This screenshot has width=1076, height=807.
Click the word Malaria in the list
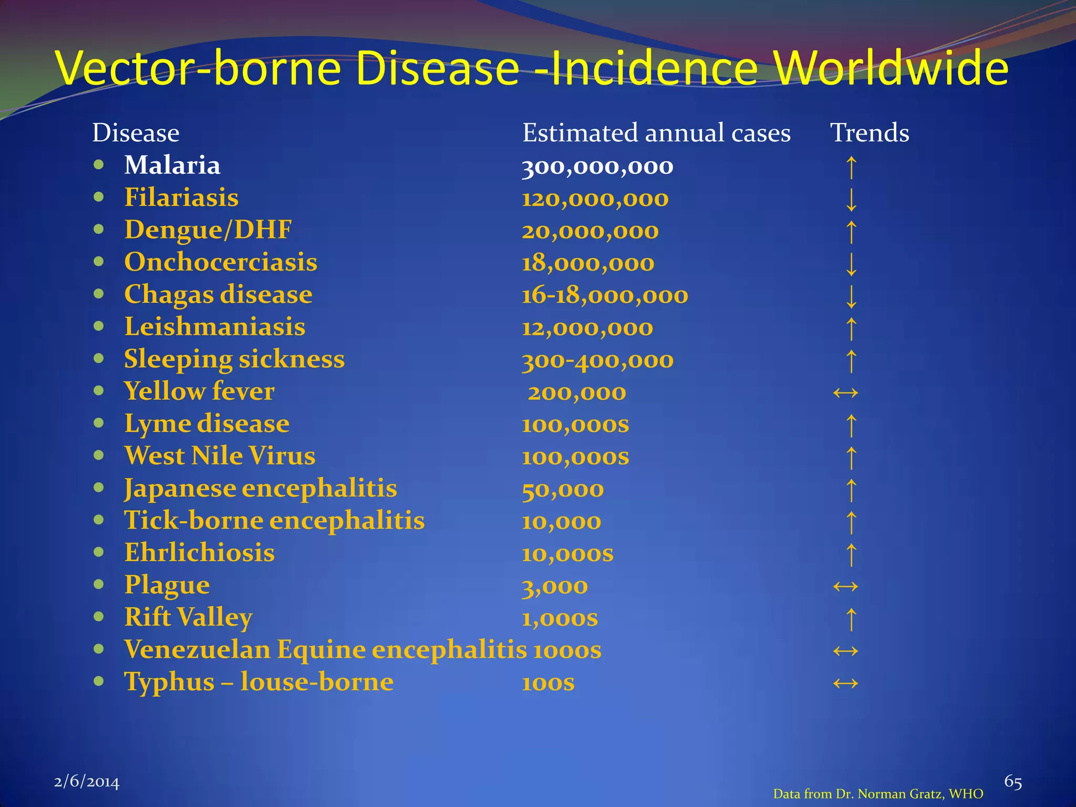172,165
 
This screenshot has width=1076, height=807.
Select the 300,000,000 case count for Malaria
597,167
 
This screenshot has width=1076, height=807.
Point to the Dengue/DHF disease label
208,230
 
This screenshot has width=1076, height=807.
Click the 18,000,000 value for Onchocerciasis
588,263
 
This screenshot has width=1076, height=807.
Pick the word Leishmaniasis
214,327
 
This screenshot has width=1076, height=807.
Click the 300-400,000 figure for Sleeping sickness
597,360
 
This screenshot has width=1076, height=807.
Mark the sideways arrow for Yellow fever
845,392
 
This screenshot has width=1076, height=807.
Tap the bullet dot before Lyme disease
99,423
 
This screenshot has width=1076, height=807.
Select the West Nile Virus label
220,456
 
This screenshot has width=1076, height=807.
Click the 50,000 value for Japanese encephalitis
563,489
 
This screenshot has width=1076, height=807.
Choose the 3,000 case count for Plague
555,586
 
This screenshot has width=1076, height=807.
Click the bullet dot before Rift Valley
99,617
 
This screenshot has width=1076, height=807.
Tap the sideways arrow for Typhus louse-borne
845,683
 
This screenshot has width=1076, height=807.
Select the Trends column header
870,132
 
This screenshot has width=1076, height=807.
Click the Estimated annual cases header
656,132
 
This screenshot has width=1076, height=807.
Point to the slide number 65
1013,782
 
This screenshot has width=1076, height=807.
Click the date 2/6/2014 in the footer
87,782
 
